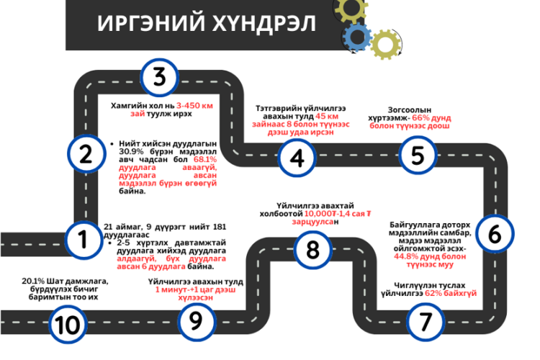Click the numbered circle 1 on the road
(84, 240)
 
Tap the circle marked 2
(86, 153)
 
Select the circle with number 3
(159, 77)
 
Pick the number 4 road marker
(297, 158)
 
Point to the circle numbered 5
(418, 155)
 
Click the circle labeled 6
(495, 234)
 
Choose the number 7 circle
(426, 322)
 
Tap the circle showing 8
(312, 250)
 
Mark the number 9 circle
(196, 321)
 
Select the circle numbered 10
(68, 325)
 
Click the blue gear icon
(357, 37)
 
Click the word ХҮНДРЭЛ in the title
(264, 24)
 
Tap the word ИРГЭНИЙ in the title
(151, 24)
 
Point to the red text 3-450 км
(194, 105)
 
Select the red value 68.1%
(205, 160)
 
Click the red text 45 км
(327, 116)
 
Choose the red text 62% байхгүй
(451, 293)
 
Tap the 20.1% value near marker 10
(33, 281)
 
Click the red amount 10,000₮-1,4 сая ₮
(338, 214)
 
